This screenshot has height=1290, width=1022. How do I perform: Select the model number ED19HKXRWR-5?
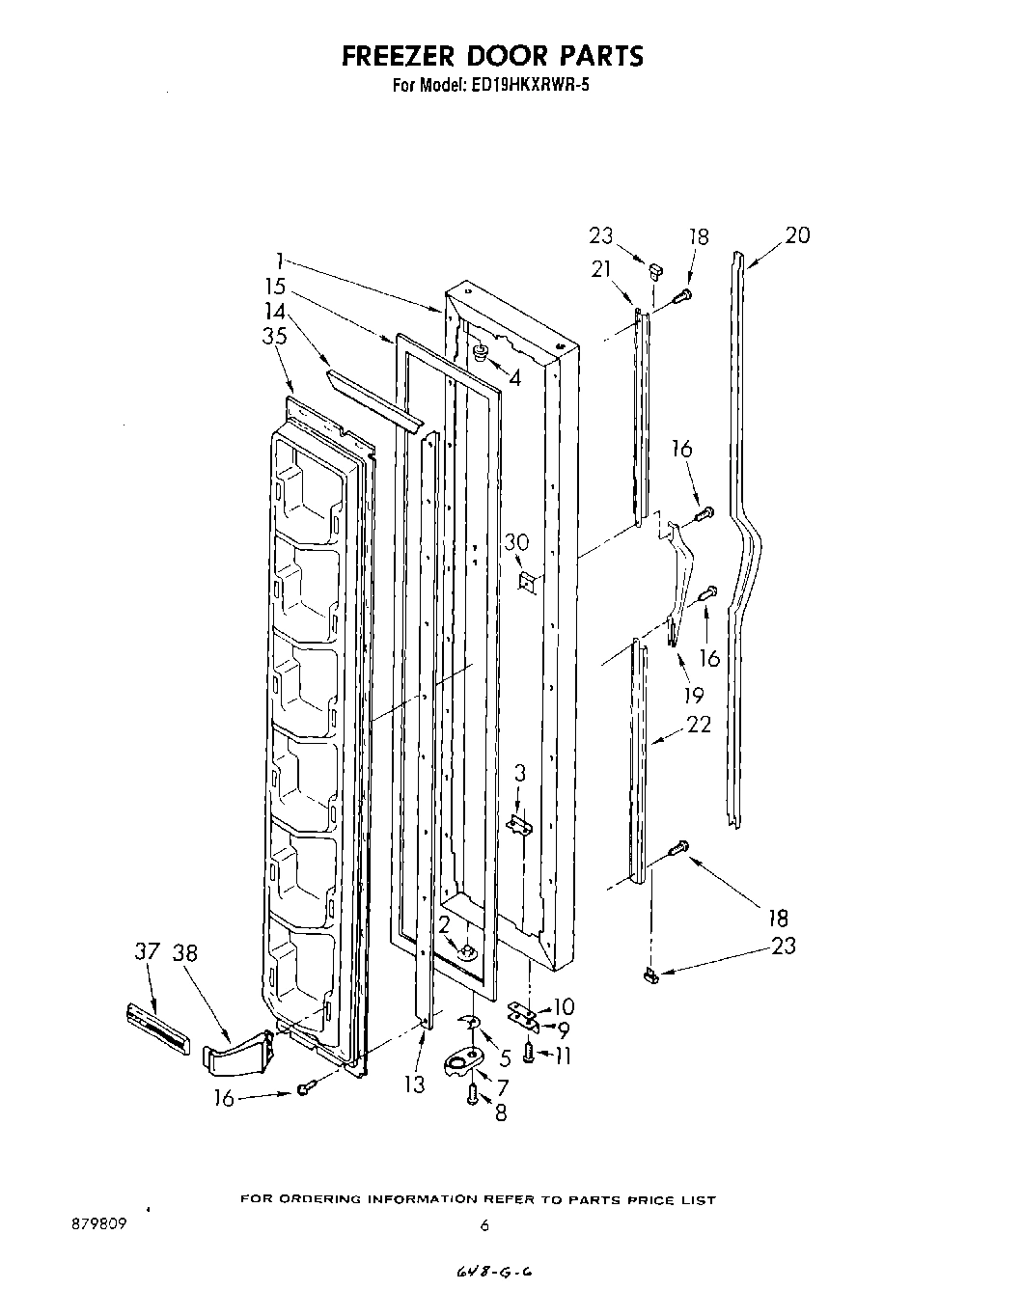[532, 85]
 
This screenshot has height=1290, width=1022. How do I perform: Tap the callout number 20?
[797, 234]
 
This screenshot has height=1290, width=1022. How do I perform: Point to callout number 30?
[516, 542]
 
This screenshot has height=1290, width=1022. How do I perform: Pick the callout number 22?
[698, 724]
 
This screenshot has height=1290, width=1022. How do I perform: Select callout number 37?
[146, 952]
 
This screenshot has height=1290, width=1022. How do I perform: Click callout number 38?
[184, 952]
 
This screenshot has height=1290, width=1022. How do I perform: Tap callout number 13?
[414, 1084]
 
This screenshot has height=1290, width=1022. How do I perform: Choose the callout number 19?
[692, 695]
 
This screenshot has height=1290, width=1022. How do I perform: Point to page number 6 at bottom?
[484, 1226]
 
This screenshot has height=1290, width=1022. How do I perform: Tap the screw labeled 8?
[472, 1093]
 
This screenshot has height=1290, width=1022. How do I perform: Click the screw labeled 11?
[529, 1054]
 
